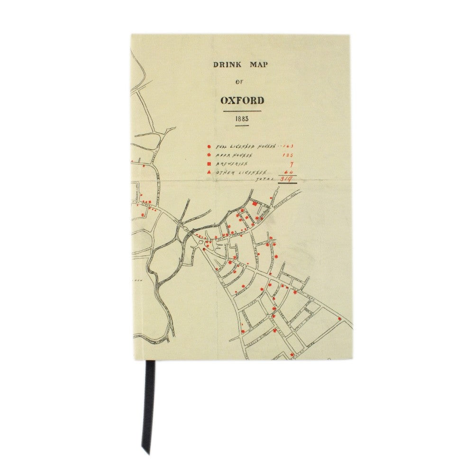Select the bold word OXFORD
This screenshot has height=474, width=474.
(242, 100)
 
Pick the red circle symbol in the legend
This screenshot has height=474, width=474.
(209, 146)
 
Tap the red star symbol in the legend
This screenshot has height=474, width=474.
(209, 155)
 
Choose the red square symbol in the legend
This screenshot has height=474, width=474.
(209, 164)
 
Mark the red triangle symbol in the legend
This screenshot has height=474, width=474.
(209, 173)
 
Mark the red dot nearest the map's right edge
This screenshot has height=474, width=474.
(339, 318)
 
